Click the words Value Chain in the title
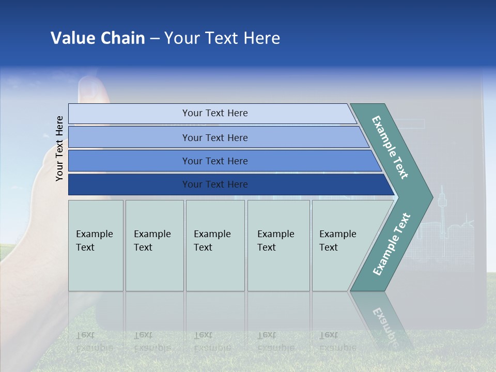[98, 38]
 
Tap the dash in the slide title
[154, 39]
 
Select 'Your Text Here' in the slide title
[222, 38]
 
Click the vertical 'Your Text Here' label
[60, 148]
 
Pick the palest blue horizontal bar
[212, 113]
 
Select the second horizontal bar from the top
[217, 137]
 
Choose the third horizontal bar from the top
[222, 161]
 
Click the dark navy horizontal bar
[227, 184]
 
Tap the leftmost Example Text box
[96, 245]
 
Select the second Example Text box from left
[154, 245]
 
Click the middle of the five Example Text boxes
[215, 245]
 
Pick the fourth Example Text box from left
[278, 245]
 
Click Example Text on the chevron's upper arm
[390, 147]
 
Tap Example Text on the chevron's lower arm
[392, 244]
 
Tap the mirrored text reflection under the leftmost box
[95, 342]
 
